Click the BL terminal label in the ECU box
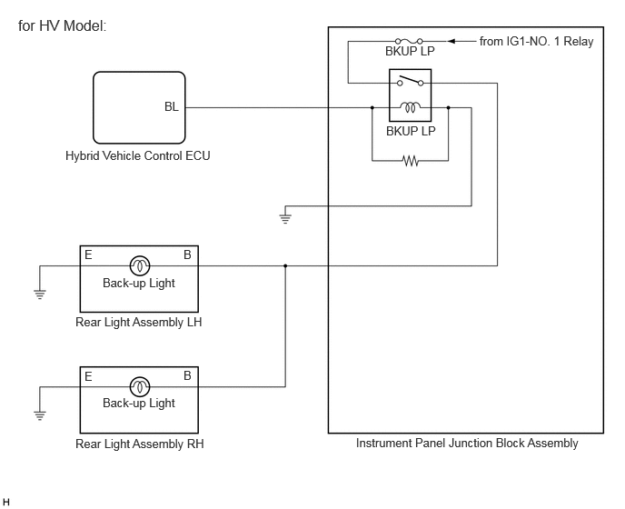(x=172, y=107)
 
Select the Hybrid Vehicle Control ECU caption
(x=137, y=155)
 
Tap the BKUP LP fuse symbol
(x=409, y=41)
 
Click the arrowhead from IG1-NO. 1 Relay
(x=451, y=41)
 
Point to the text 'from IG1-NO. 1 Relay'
(x=536, y=41)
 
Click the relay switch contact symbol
(x=411, y=81)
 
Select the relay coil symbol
(x=411, y=107)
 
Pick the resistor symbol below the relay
(x=411, y=161)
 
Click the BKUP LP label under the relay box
(x=411, y=131)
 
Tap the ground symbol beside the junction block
(x=285, y=218)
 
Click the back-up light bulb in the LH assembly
(x=140, y=265)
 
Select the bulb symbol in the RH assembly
(x=140, y=386)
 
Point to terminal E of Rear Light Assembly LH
(x=88, y=254)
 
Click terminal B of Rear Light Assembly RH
(x=187, y=375)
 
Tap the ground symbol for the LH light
(x=40, y=294)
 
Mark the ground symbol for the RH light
(x=40, y=415)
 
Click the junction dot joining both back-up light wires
(x=285, y=265)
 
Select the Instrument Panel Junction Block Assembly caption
(x=467, y=444)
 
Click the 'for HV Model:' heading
(x=62, y=26)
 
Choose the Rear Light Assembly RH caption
(x=140, y=444)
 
